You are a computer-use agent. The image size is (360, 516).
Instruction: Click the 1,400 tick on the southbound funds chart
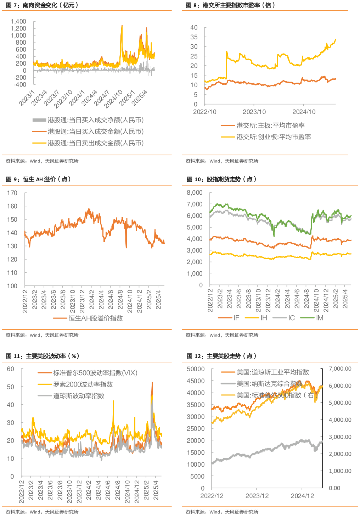[x=18, y=22]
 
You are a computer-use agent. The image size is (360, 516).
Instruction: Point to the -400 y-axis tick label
[x=20, y=85]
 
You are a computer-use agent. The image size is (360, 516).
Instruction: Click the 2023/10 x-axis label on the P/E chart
[x=254, y=112]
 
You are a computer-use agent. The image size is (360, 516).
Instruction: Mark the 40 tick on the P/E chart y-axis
[x=194, y=28]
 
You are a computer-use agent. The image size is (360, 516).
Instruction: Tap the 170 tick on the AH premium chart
[x=12, y=193]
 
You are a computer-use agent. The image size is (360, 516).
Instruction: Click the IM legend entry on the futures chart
[x=319, y=318]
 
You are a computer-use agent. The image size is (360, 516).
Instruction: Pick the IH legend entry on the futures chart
[x=264, y=318]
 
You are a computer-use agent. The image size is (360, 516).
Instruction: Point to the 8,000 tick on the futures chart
[x=195, y=193]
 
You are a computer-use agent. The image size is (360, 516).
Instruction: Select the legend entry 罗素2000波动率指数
[x=83, y=384]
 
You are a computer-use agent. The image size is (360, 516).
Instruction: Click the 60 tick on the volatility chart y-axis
[x=11, y=369]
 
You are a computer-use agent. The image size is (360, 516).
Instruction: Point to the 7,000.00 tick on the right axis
[x=340, y=369]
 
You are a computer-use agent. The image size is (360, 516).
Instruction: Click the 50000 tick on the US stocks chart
[x=196, y=369]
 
